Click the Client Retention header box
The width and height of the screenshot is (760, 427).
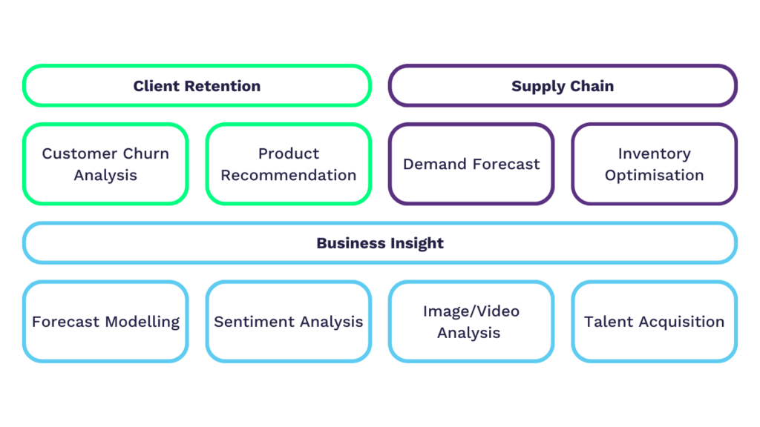click(x=197, y=86)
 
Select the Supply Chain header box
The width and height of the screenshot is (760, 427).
click(x=563, y=86)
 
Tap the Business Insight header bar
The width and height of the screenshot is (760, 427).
click(x=380, y=243)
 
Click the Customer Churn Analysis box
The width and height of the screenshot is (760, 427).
click(x=105, y=164)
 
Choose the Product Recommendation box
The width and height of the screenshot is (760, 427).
click(x=289, y=164)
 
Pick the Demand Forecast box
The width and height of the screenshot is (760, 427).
click(x=471, y=164)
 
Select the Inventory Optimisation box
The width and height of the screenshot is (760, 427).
click(x=654, y=164)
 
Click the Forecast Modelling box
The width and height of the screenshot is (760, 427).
click(x=105, y=322)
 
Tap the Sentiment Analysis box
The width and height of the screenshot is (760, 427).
click(x=289, y=322)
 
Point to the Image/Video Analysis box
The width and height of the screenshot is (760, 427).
click(x=471, y=322)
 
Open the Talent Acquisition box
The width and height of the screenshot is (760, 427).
click(x=654, y=322)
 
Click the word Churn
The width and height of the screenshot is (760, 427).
click(x=145, y=153)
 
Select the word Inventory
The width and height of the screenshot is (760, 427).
click(x=654, y=153)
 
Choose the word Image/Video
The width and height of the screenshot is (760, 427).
click(x=471, y=311)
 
